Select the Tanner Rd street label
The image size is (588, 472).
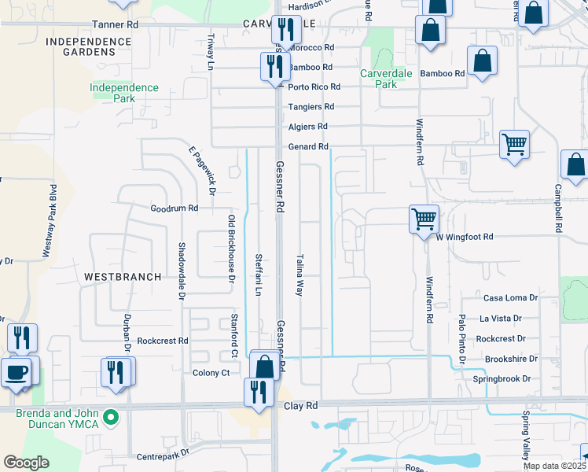pyautogui.click(x=115, y=25)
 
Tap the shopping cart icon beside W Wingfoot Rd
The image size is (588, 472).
pyautogui.click(x=424, y=218)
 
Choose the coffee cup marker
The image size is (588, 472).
pyautogui.click(x=16, y=371)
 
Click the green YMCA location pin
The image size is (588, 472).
pyautogui.click(x=112, y=417)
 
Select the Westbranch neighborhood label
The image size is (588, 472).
pyautogui.click(x=112, y=277)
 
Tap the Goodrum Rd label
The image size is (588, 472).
pyautogui.click(x=175, y=208)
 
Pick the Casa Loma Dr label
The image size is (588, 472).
pyautogui.click(x=509, y=298)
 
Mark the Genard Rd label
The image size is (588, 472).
pyautogui.click(x=308, y=147)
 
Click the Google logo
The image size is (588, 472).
pyautogui.click(x=26, y=463)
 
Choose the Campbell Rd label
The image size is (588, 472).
pyautogui.click(x=557, y=208)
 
